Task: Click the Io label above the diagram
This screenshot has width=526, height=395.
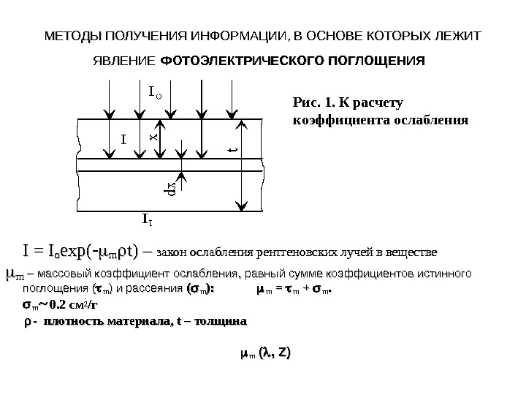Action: (155, 93)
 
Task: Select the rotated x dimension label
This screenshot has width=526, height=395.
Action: (154, 136)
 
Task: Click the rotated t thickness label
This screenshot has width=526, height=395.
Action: (233, 151)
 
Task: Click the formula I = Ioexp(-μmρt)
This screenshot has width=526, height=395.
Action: (84, 252)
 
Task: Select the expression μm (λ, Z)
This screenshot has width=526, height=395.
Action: (265, 354)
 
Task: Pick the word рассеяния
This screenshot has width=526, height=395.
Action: (159, 290)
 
